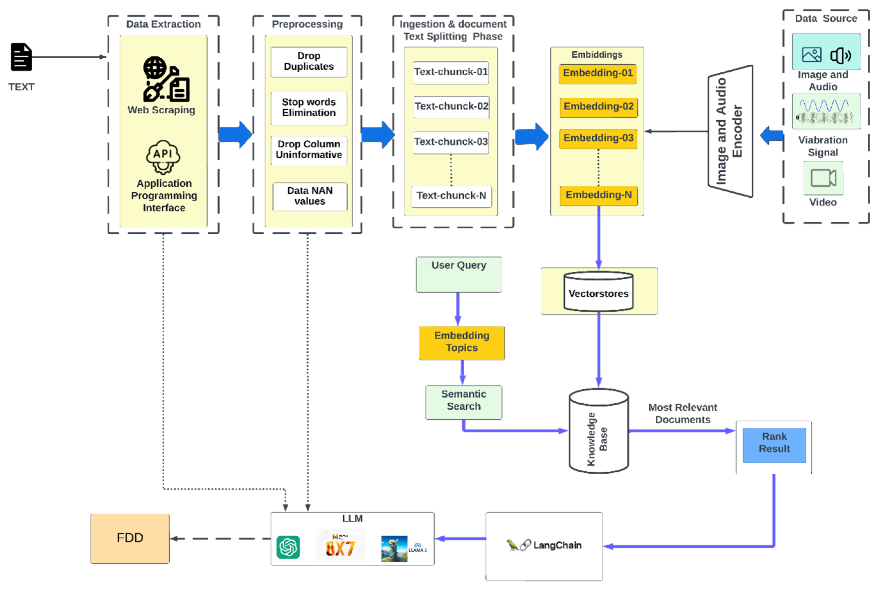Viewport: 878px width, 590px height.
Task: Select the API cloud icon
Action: pyautogui.click(x=163, y=157)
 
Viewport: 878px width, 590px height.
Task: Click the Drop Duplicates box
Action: pyautogui.click(x=308, y=62)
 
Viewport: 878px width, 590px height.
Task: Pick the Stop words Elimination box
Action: pyautogui.click(x=308, y=108)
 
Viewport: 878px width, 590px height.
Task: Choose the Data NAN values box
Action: pyautogui.click(x=309, y=196)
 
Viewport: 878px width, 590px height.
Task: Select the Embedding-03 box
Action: pyautogui.click(x=598, y=139)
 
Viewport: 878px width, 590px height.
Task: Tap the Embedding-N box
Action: pyautogui.click(x=598, y=196)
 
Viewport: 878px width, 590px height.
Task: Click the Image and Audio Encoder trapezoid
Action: pyautogui.click(x=730, y=131)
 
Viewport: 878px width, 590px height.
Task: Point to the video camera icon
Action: pyautogui.click(x=823, y=178)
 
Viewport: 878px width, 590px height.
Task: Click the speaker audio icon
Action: pyautogui.click(x=840, y=56)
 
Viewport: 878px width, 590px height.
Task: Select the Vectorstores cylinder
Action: pyautogui.click(x=598, y=292)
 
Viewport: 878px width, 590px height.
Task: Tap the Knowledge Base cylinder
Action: pyautogui.click(x=598, y=431)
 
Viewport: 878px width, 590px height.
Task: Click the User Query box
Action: pyautogui.click(x=459, y=274)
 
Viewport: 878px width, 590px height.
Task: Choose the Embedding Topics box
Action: pyautogui.click(x=462, y=342)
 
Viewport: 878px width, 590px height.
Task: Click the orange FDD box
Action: pyautogui.click(x=130, y=538)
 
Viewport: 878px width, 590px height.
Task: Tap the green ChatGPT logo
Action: pyautogui.click(x=288, y=547)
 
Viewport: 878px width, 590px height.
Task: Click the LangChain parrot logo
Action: pyautogui.click(x=512, y=544)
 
